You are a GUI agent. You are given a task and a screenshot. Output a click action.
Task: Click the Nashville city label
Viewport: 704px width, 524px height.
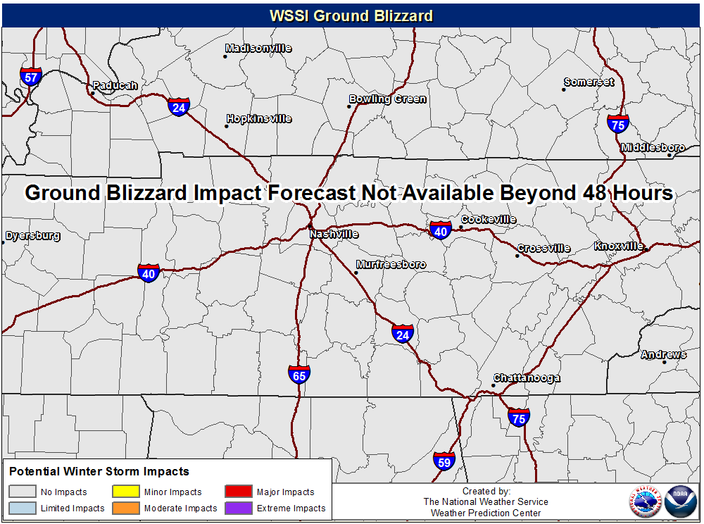334,234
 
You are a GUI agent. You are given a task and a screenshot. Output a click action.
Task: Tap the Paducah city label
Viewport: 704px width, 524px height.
115,85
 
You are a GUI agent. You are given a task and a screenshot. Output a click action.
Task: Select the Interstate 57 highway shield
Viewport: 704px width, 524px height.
31,77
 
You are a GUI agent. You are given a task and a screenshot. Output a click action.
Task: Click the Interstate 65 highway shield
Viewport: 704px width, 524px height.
299,375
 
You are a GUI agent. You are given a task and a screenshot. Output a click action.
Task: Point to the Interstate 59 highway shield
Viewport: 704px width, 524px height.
444,461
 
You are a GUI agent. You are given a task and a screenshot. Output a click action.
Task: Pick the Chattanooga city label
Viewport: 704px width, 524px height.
527,378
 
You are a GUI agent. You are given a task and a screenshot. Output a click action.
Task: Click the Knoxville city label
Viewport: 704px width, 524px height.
619,246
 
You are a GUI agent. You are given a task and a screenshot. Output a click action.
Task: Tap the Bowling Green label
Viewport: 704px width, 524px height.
387,99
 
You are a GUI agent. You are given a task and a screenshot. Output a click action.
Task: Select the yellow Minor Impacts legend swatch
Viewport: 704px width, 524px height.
126,492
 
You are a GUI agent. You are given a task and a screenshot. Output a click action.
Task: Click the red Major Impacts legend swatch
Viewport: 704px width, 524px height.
239,492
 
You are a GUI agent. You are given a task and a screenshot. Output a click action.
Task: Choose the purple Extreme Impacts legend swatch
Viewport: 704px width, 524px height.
239,508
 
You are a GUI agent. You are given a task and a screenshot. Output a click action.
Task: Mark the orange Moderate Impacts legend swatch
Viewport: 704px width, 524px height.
126,508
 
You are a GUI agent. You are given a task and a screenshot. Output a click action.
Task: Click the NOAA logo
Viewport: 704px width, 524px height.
680,501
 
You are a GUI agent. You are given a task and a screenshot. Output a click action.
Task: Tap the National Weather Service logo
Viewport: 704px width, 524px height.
645,501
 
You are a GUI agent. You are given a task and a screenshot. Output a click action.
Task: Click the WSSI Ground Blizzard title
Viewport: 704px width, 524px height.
351,15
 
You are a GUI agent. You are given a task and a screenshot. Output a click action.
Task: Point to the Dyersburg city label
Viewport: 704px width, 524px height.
33,235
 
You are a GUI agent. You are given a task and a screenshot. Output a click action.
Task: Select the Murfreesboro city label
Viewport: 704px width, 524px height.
391,265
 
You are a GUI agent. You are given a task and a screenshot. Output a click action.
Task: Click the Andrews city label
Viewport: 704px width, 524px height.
664,355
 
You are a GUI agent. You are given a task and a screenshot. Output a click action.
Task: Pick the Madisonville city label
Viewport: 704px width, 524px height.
258,48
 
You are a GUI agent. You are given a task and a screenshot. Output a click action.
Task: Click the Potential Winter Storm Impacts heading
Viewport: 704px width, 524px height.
99,471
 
